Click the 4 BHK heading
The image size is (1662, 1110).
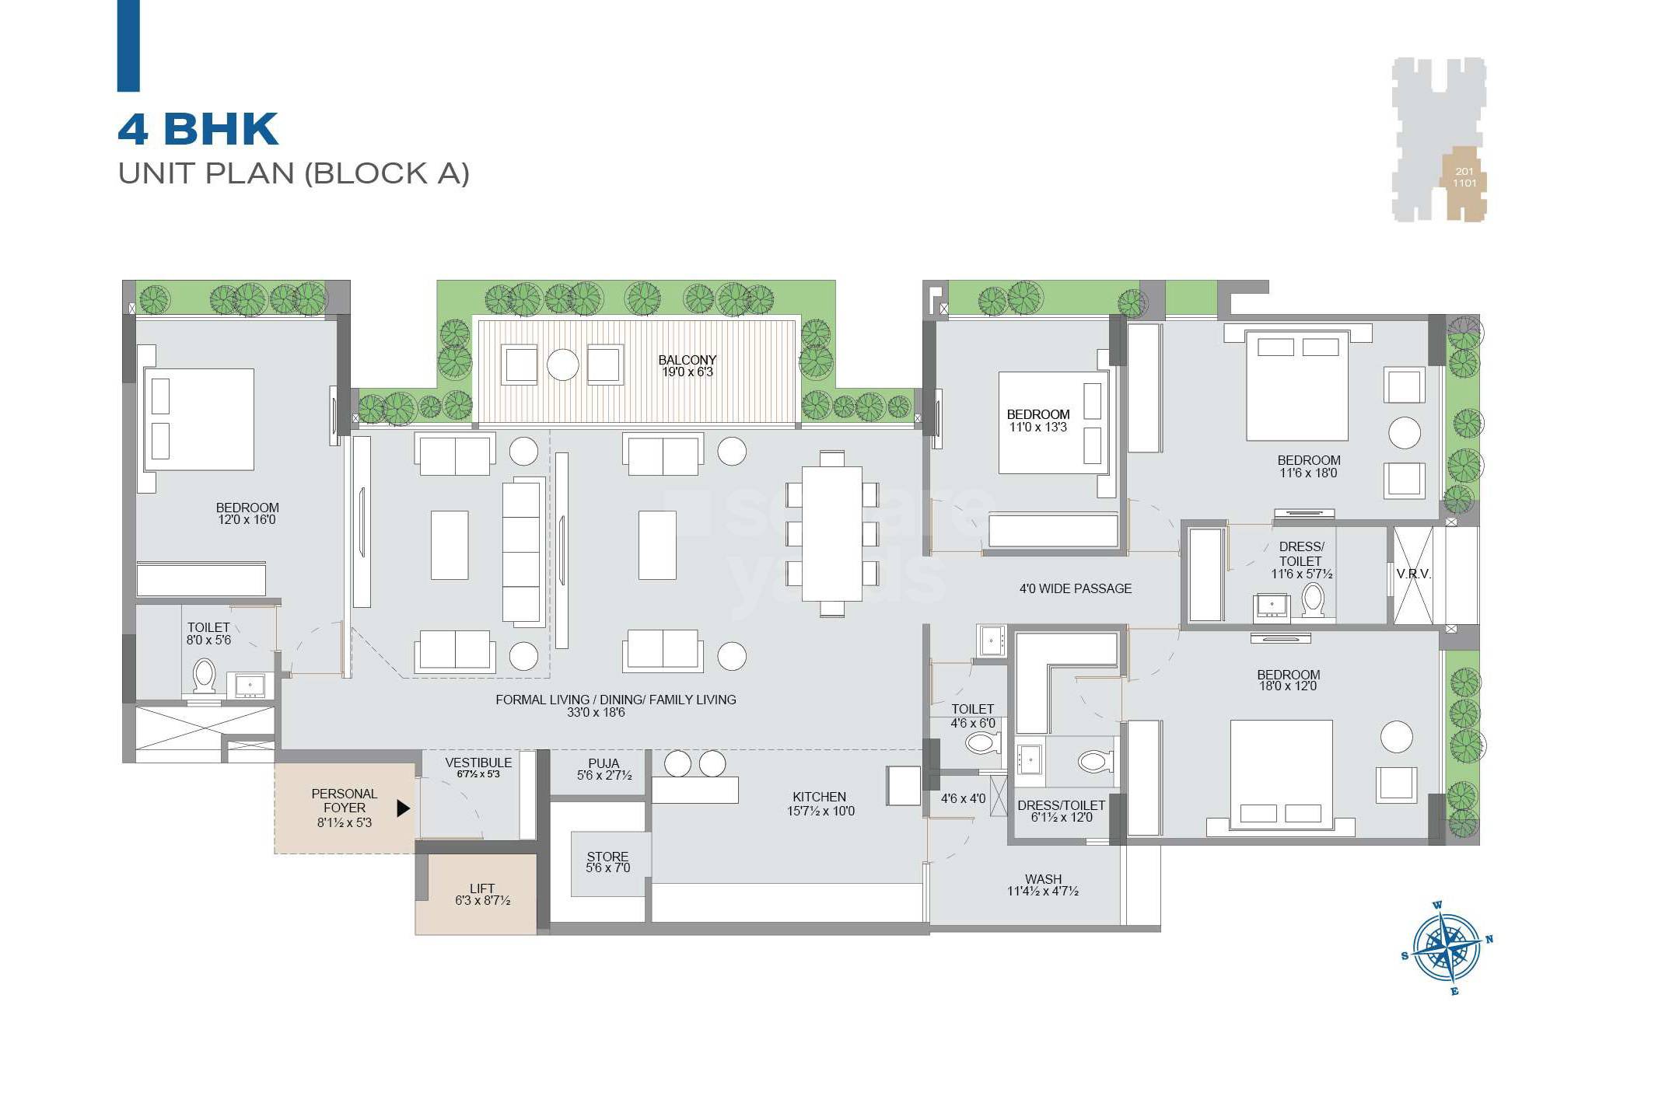pos(198,129)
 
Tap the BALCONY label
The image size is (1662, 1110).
pos(687,361)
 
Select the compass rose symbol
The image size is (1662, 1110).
pos(1446,948)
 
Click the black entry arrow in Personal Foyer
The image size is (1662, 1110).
pos(402,808)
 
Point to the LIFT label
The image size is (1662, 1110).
pos(481,888)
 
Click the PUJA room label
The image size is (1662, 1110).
pos(604,763)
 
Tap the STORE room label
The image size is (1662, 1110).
pos(607,857)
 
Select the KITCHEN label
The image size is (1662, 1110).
pos(819,797)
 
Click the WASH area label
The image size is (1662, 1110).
pos(1042,879)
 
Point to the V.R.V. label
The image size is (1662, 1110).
pos(1413,574)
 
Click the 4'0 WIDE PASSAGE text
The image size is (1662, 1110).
pos(1075,589)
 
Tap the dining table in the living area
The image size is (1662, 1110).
pos(831,533)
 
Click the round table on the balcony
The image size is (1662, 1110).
pos(562,365)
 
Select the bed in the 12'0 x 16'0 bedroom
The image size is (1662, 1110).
pos(199,420)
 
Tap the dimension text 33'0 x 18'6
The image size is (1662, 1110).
pos(596,713)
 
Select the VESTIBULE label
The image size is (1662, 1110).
pos(478,763)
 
